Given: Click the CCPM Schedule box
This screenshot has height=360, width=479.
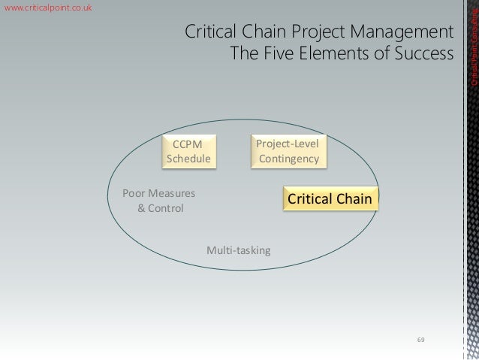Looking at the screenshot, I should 188,151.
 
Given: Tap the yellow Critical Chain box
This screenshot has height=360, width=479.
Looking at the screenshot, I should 330,199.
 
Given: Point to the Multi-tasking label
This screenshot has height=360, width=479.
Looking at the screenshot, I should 238,250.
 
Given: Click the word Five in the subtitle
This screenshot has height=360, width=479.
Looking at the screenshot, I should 276,55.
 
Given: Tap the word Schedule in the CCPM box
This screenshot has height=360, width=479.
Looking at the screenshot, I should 188,159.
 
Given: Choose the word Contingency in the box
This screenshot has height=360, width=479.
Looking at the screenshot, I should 289,159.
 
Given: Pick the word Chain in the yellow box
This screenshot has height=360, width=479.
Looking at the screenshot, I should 355,199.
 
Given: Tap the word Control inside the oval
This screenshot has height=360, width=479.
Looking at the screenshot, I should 165,208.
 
